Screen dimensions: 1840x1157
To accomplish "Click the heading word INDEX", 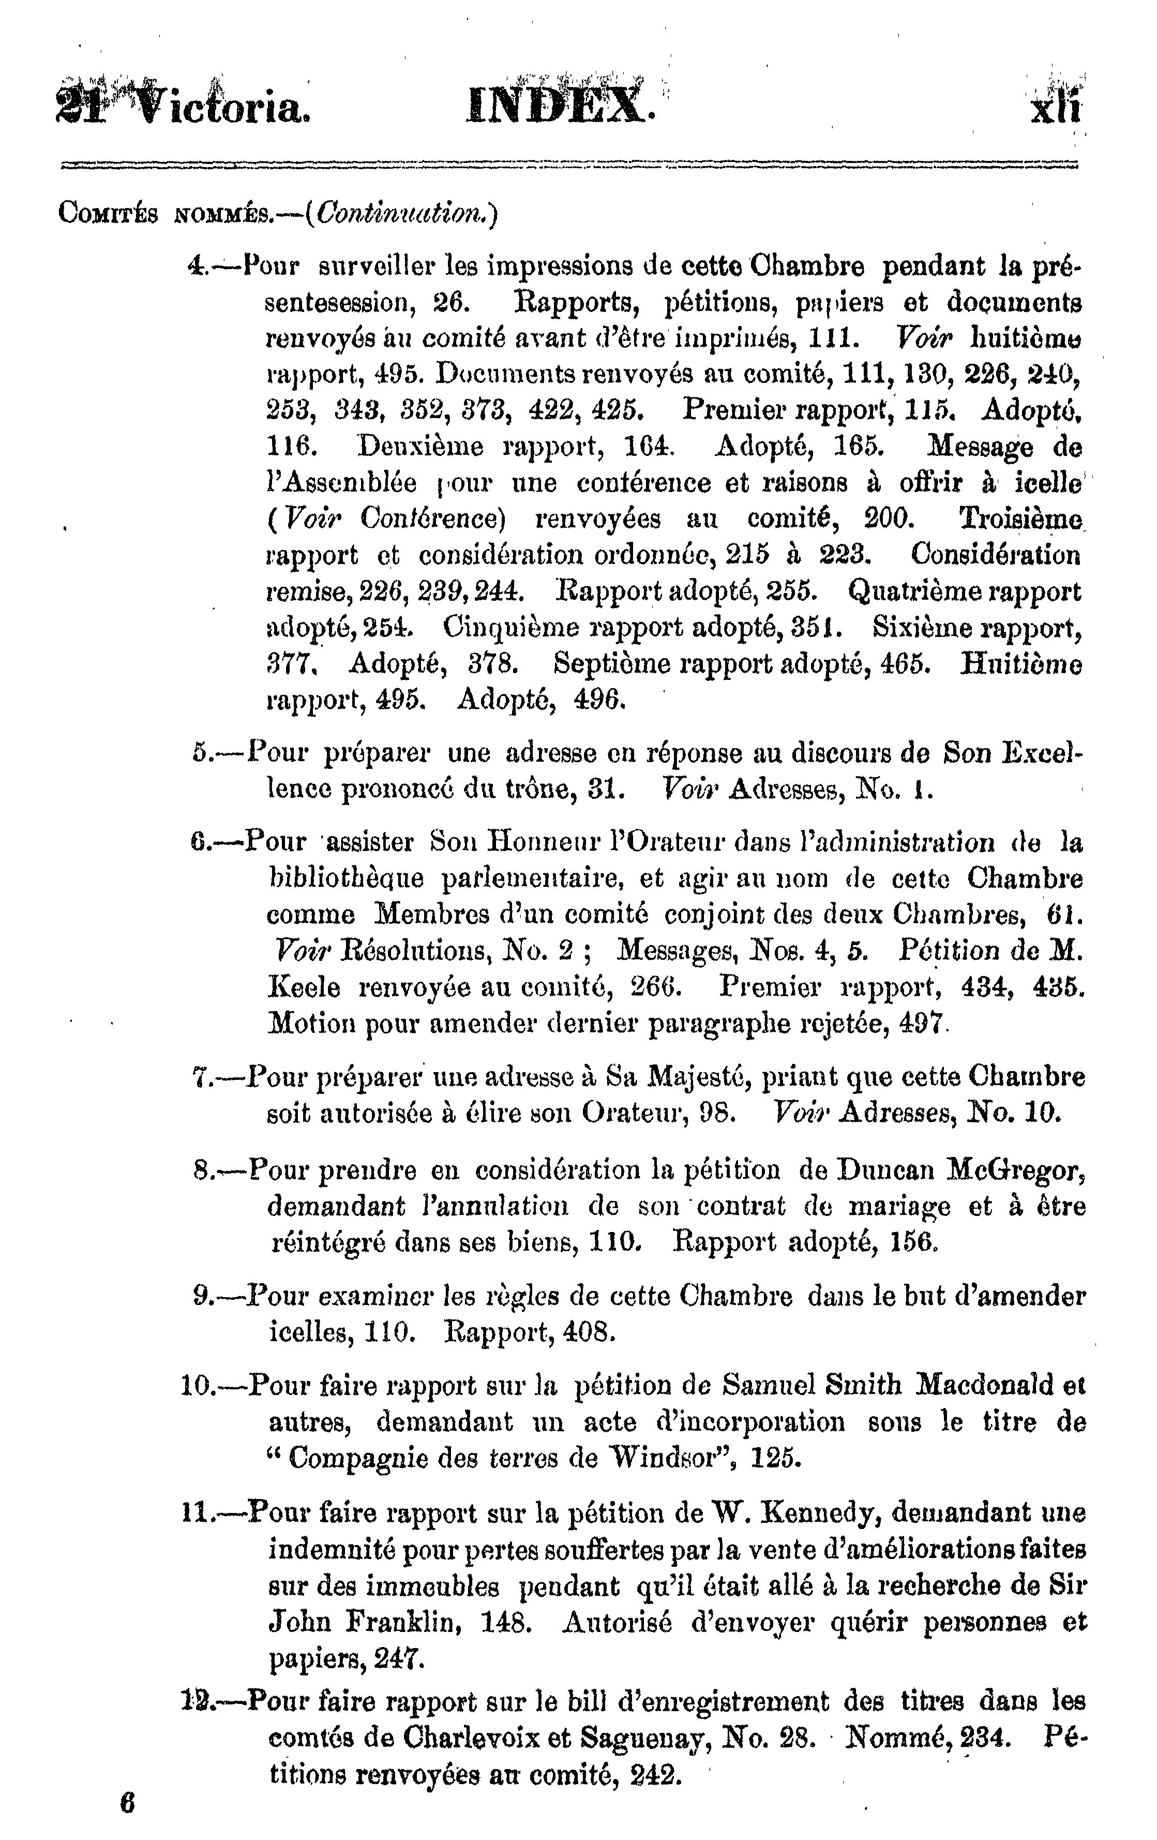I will point(560,105).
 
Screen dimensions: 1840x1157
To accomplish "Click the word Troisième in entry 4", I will point(1017,520).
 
